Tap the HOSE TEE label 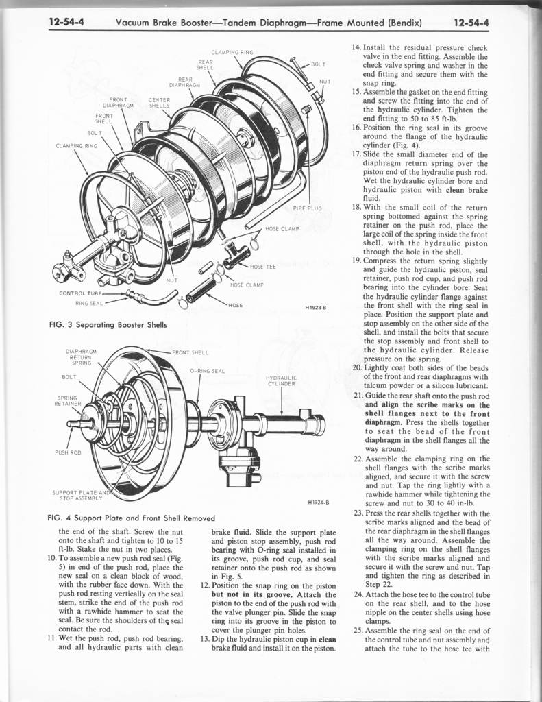pos(262,267)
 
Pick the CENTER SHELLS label pos(159,103)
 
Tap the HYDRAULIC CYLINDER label pos(281,380)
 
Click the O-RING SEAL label pos(207,371)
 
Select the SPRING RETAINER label pos(67,400)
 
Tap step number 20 pos(357,367)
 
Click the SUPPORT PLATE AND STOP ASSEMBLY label pos(81,495)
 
